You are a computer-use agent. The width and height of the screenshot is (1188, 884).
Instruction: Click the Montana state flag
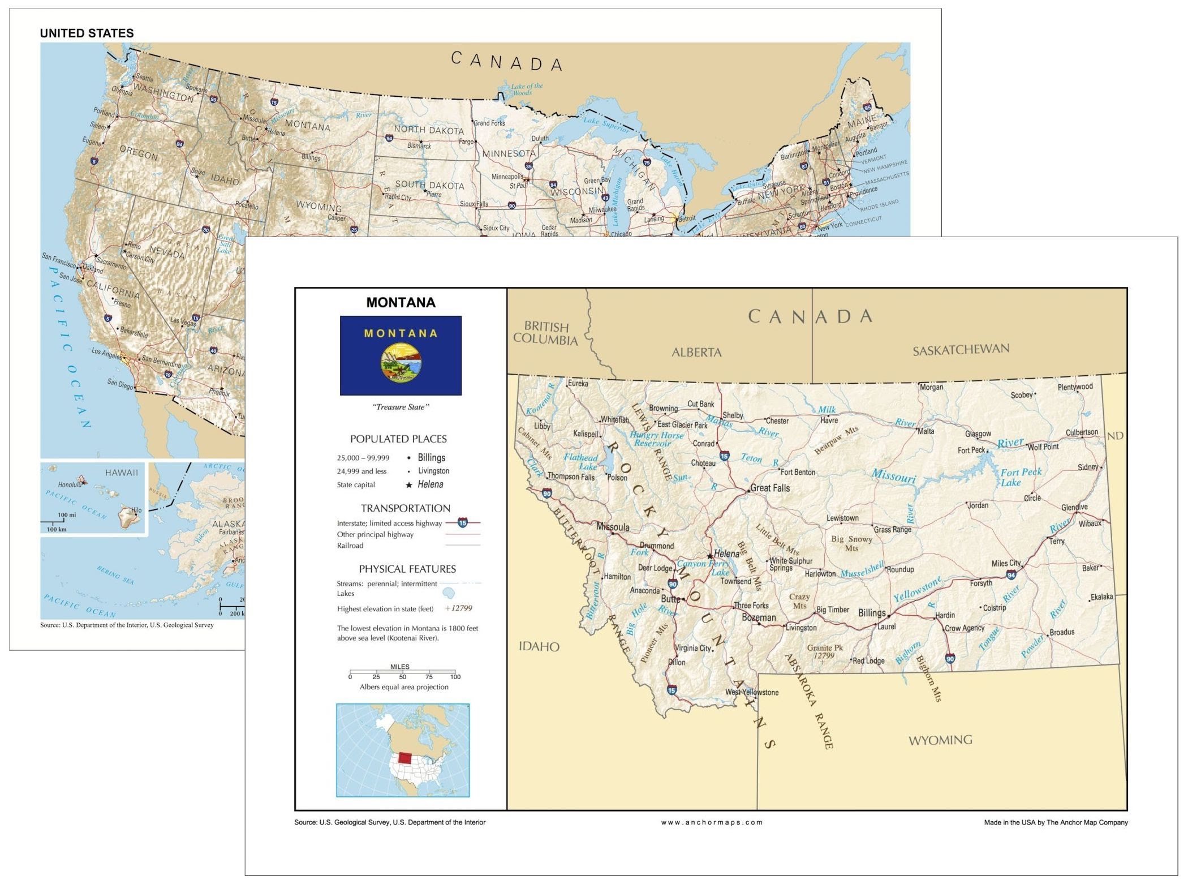click(x=401, y=355)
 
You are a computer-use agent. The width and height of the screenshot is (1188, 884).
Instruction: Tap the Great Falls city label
click(x=770, y=488)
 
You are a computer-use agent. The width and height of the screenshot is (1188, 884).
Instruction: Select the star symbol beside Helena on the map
click(x=710, y=556)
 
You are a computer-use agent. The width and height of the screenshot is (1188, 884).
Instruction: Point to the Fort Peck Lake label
click(x=1020, y=477)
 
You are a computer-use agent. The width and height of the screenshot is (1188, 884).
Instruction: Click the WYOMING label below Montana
click(x=940, y=740)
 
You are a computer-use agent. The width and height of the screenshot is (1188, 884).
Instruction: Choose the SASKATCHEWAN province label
click(x=961, y=350)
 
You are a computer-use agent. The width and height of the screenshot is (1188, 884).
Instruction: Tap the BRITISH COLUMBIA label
click(x=546, y=333)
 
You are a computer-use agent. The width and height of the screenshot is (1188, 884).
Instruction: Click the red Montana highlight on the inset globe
click(x=406, y=758)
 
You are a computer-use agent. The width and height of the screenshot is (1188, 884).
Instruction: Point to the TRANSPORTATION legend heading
click(x=406, y=508)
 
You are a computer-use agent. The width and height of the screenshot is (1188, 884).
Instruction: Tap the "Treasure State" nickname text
click(x=401, y=407)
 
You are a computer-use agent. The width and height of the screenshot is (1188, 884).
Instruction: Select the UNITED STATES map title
click(x=87, y=33)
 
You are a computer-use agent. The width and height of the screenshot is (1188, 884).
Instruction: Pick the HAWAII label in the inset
click(x=121, y=473)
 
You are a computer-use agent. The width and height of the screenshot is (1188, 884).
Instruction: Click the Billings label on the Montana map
click(x=872, y=613)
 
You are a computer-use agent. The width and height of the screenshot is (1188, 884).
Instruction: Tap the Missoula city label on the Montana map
click(x=613, y=527)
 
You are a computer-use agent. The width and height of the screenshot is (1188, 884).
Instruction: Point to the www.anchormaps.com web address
click(x=712, y=822)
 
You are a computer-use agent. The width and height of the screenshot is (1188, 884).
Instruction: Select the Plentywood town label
click(x=1075, y=387)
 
